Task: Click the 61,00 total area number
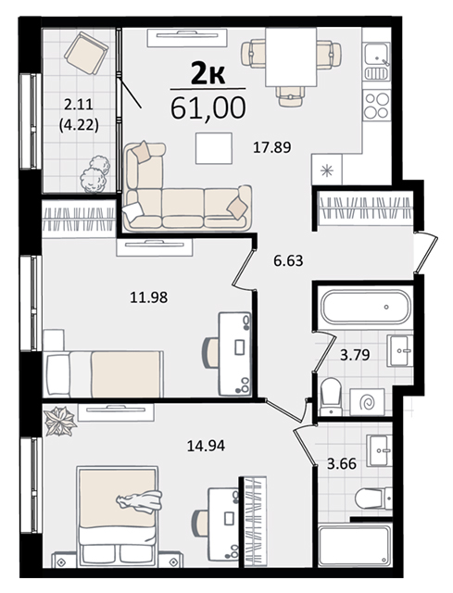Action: [x=208, y=107]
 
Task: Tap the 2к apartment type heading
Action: [x=208, y=74]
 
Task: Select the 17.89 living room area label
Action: [x=271, y=147]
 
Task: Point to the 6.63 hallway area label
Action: [x=288, y=260]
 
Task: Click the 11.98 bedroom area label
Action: [x=148, y=297]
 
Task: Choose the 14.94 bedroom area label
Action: [x=206, y=446]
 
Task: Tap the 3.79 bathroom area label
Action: [x=355, y=355]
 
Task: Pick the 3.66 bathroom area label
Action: [x=342, y=463]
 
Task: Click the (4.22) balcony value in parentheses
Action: [x=79, y=124]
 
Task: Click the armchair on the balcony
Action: [x=86, y=53]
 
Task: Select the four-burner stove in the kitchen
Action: [x=377, y=105]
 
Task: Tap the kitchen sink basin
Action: [x=376, y=54]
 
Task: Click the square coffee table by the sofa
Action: [x=214, y=148]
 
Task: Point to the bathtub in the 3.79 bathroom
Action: [x=365, y=307]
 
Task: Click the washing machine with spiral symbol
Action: [x=367, y=402]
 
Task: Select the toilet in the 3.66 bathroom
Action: [x=373, y=498]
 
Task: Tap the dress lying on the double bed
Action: [x=139, y=501]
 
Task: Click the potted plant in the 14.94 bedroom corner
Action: [x=59, y=421]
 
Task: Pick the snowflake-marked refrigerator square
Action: [x=327, y=170]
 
